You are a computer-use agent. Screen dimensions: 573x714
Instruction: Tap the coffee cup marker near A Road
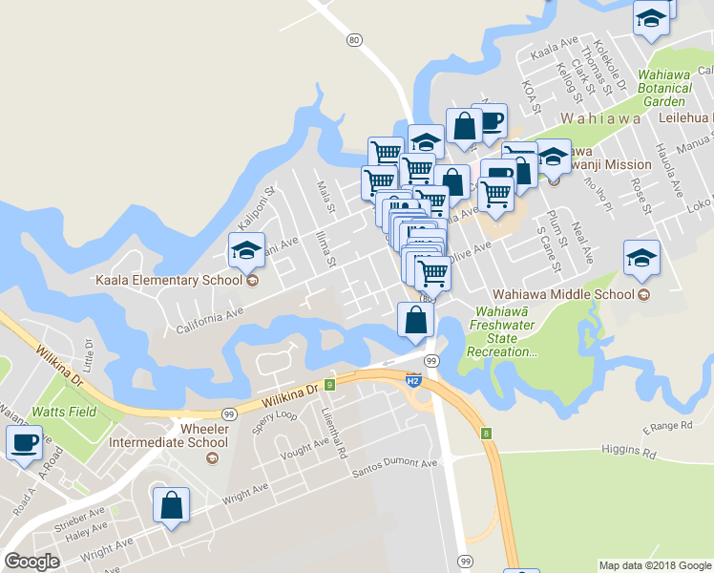[x=24, y=443]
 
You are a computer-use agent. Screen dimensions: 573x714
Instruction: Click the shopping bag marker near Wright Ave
[x=171, y=506]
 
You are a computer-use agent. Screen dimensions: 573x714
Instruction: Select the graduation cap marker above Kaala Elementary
[x=246, y=251]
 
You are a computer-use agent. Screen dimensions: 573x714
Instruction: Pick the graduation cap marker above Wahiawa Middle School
[x=641, y=258]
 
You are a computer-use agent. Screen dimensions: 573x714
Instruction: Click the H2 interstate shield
[x=414, y=379]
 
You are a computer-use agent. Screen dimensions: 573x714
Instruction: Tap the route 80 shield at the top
[x=354, y=39]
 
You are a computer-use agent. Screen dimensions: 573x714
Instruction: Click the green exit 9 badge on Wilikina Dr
[x=329, y=385]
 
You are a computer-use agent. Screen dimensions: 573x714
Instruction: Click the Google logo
[x=32, y=562]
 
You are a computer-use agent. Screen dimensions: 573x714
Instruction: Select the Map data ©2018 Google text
[x=655, y=565]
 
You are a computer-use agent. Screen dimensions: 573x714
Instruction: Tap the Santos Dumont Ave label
[x=394, y=464]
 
